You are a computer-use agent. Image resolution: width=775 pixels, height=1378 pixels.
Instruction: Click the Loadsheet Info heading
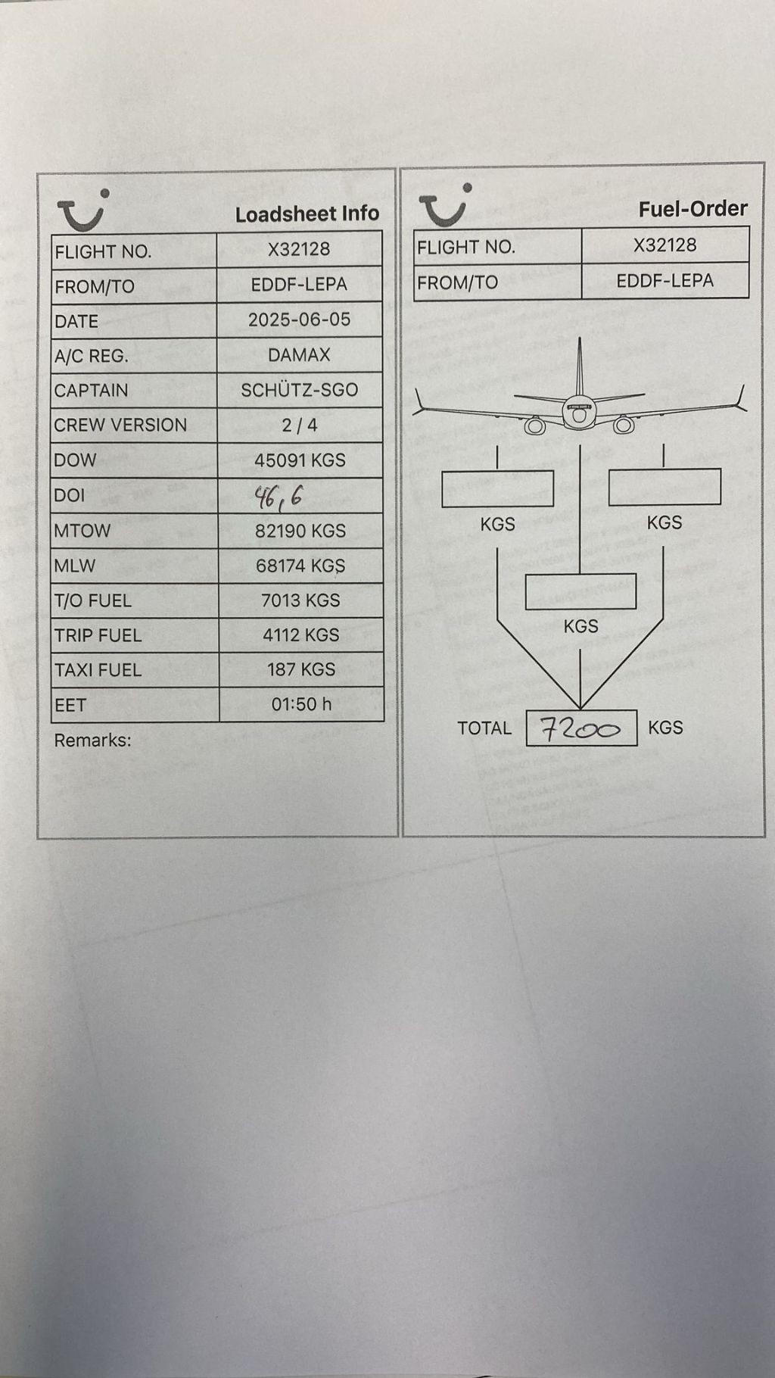307,214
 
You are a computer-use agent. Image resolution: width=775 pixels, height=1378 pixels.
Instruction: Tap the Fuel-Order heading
693,209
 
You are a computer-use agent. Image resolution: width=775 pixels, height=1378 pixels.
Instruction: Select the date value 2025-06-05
300,320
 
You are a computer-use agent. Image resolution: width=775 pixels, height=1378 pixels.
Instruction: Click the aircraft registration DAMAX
299,355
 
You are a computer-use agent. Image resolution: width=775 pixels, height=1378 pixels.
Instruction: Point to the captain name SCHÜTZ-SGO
299,390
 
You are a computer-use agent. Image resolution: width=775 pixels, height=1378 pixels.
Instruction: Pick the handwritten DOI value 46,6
279,497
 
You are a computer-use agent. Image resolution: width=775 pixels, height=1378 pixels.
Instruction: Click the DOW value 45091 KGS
300,460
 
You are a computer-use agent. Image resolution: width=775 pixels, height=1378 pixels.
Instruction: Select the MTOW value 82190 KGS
300,531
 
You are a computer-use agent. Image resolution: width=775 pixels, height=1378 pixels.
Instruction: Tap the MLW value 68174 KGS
300,566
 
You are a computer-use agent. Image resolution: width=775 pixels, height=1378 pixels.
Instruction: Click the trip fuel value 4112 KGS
300,635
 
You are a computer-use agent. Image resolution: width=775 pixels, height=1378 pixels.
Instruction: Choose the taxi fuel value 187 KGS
300,669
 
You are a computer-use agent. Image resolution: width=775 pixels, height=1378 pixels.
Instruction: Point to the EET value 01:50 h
301,704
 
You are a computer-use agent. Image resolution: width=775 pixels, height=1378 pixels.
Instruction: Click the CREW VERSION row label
120,425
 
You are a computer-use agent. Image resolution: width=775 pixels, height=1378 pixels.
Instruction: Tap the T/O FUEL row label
92,600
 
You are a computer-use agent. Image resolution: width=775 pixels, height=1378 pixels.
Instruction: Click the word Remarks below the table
92,740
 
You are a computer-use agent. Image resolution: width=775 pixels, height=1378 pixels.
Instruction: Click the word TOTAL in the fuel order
484,728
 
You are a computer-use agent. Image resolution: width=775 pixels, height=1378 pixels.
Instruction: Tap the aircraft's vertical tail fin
580,367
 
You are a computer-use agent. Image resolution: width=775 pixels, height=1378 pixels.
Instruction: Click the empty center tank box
580,591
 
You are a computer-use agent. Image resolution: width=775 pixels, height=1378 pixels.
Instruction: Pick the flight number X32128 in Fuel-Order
665,245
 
